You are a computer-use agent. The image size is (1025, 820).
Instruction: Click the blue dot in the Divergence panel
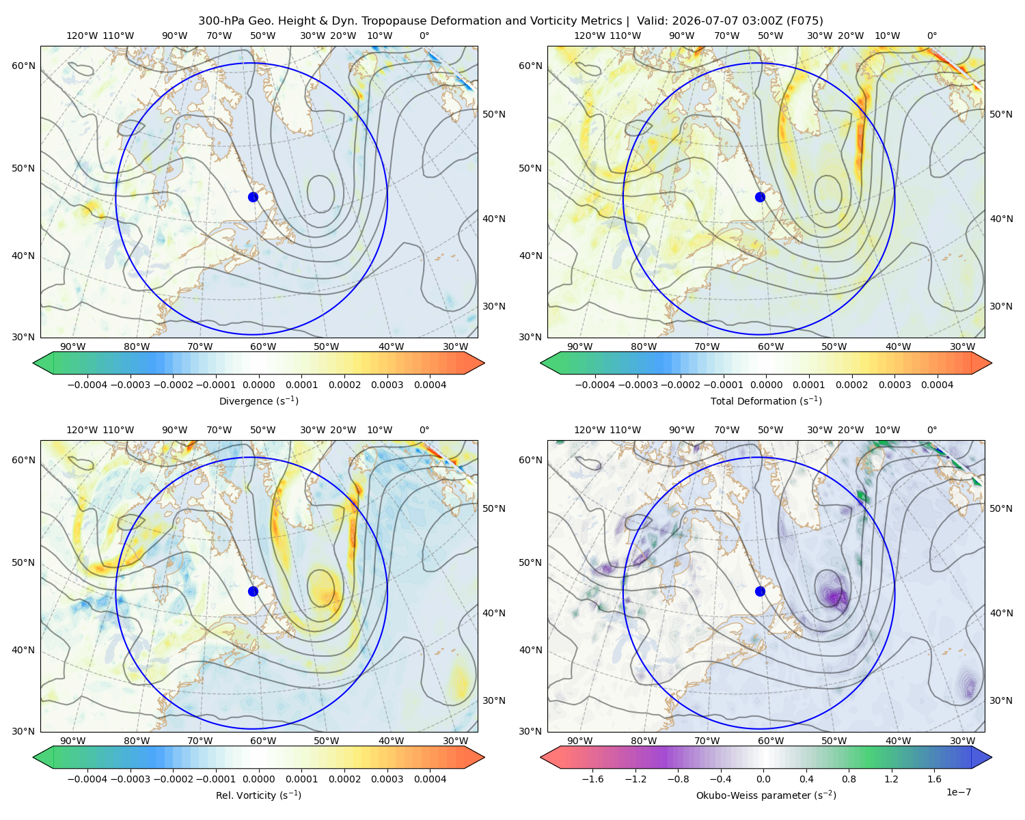(x=253, y=197)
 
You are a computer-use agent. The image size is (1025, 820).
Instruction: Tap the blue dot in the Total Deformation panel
(x=760, y=197)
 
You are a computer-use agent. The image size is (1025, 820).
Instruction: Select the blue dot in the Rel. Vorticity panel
(x=253, y=591)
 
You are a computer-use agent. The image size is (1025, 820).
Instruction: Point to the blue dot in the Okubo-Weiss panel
(x=760, y=591)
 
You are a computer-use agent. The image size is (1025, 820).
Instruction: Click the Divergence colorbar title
(x=258, y=400)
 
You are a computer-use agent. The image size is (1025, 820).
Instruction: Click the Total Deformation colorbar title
(x=766, y=400)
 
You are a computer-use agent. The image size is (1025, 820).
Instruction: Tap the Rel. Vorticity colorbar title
(x=258, y=795)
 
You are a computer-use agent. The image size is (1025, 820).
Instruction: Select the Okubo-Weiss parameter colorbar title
(x=766, y=795)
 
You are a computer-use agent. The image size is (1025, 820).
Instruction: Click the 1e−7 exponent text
(x=958, y=792)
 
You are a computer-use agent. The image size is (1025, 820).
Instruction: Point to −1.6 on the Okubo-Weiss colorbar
(x=592, y=778)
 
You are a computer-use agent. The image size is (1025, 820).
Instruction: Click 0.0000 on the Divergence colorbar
(x=258, y=385)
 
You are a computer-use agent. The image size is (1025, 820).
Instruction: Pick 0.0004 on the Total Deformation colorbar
(x=937, y=385)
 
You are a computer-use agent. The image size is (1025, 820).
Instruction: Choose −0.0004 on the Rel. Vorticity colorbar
(x=87, y=778)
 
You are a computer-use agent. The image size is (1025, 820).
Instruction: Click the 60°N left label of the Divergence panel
(x=23, y=66)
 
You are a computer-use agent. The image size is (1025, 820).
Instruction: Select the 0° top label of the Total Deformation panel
(x=931, y=36)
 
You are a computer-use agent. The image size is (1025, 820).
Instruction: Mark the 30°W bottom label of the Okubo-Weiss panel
(x=962, y=741)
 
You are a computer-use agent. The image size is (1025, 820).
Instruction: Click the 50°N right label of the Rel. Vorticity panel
(x=494, y=508)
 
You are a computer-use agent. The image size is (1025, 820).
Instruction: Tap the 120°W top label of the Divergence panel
(x=82, y=36)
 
